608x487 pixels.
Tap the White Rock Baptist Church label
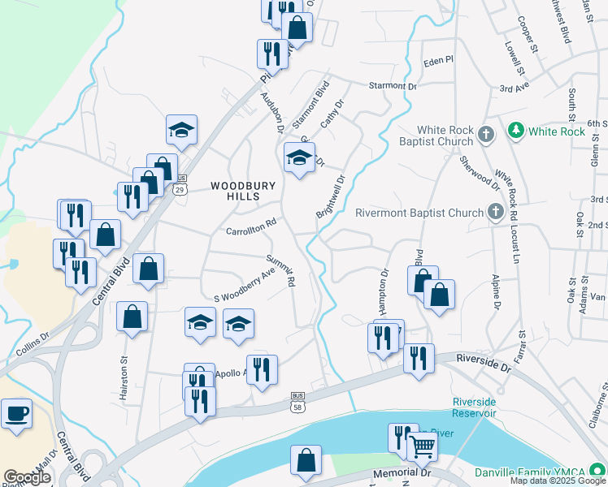pos(445,136)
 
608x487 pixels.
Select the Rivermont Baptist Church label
pos(419,213)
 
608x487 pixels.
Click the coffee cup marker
pos(17,414)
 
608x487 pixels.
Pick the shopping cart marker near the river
pos(421,446)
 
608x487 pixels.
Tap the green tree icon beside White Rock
pos(515,131)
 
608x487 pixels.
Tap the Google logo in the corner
pos(27,477)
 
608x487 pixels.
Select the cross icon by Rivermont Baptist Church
pos(496,213)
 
